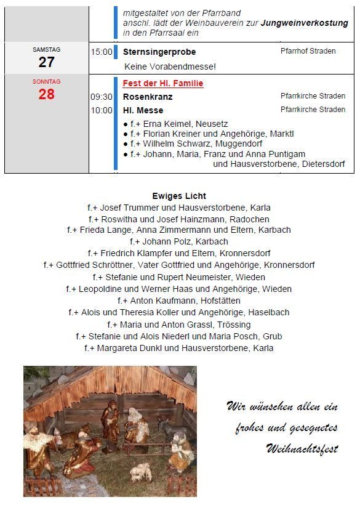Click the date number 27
46,62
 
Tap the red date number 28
46,94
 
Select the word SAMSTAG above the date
46,50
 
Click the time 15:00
102,52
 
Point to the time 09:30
102,97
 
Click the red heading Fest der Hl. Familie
163,83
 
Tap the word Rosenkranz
148,97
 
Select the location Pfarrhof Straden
308,51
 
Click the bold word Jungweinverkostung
304,23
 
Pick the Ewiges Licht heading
179,196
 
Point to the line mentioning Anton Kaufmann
179,301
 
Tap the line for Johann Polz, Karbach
179,241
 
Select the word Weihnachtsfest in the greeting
302,448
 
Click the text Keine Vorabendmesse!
170,66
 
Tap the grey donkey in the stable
167,427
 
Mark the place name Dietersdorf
323,164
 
